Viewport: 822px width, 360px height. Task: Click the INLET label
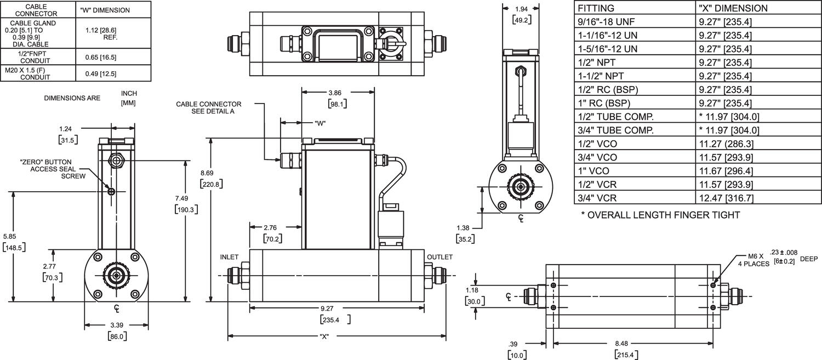pos(229,257)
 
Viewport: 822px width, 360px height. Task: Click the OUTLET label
pos(439,257)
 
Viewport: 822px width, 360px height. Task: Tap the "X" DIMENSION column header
pos(733,8)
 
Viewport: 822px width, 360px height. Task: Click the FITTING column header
pos(596,8)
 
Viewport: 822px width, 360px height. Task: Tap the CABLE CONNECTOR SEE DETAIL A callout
pos(209,107)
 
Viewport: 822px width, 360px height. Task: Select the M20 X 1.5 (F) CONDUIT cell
pos(37,73)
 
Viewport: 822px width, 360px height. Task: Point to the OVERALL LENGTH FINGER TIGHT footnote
pos(660,215)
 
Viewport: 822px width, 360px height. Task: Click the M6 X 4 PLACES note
pos(751,259)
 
